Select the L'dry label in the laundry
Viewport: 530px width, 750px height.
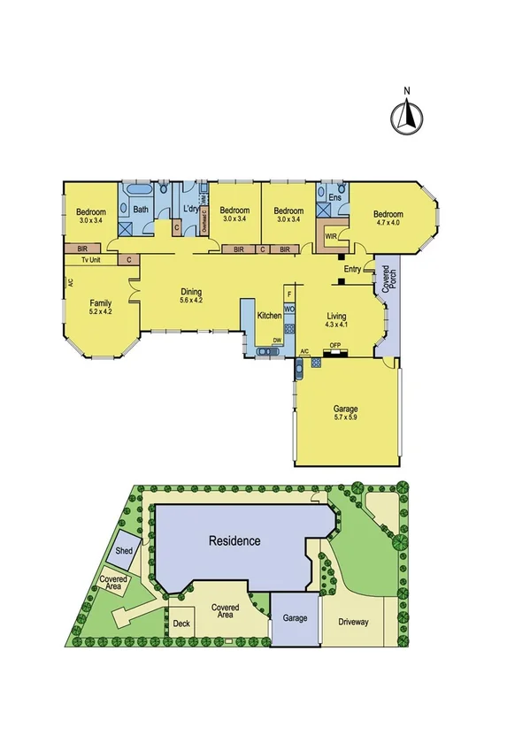click(x=189, y=210)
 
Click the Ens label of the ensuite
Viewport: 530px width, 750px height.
click(x=334, y=198)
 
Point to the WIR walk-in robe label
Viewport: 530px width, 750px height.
click(x=330, y=237)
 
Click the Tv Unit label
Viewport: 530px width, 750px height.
click(x=91, y=261)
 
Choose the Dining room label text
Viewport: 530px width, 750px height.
click(x=191, y=292)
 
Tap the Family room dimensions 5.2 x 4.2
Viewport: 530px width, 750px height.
click(x=99, y=311)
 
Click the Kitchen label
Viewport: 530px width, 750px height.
click(x=269, y=316)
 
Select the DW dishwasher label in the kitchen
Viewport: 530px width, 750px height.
click(x=277, y=340)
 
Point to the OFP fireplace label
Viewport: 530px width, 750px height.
click(x=335, y=345)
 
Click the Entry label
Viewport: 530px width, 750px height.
click(x=352, y=269)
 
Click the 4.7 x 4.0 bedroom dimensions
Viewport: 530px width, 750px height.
click(x=388, y=224)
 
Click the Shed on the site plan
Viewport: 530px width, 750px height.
click(x=123, y=550)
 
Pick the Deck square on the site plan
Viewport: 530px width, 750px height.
click(x=181, y=622)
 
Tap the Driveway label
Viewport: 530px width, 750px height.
click(x=353, y=622)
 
